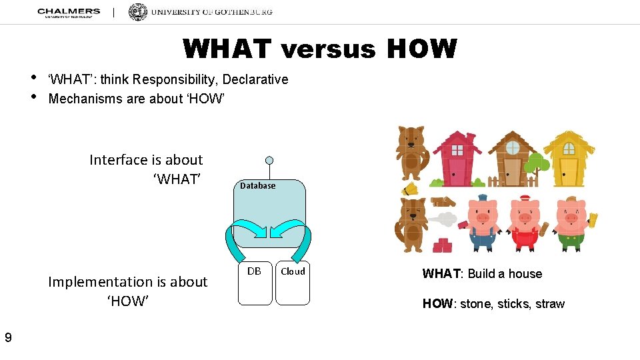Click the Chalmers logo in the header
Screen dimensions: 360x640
pyautogui.click(x=69, y=13)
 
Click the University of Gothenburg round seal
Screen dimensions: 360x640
pyautogui.click(x=137, y=13)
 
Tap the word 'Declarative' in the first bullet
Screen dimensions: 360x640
pyautogui.click(x=255, y=79)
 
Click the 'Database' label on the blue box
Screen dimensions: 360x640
pyautogui.click(x=257, y=186)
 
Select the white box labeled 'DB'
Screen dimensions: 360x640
pyautogui.click(x=255, y=283)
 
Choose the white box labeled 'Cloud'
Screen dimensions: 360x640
pyautogui.click(x=293, y=283)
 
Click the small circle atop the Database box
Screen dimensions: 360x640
pyautogui.click(x=269, y=161)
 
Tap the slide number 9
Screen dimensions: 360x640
pyautogui.click(x=8, y=338)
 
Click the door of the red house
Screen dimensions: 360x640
pyautogui.click(x=458, y=171)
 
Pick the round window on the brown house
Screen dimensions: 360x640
pyautogui.click(x=512, y=148)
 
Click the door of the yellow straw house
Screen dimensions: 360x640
pyautogui.click(x=569, y=171)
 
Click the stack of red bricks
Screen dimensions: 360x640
pyautogui.click(x=442, y=245)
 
